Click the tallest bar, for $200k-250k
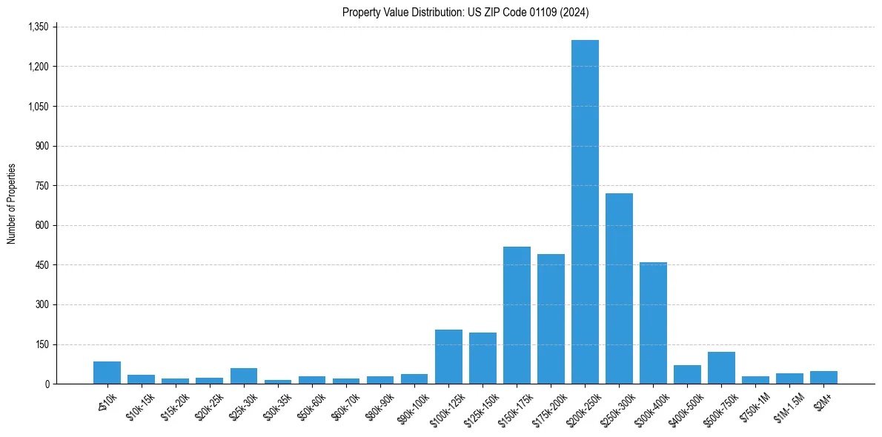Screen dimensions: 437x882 pos(585,212)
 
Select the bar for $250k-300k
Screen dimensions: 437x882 pos(619,288)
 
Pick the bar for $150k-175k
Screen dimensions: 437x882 pos(517,315)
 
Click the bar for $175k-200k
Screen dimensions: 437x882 pos(551,318)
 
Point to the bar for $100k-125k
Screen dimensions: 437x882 pos(448,357)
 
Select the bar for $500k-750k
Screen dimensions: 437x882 pos(721,368)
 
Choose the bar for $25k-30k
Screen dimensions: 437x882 pos(244,376)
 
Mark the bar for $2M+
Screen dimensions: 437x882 pos(823,378)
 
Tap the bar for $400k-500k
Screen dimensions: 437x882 pos(687,375)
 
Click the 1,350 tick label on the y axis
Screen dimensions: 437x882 pos(38,27)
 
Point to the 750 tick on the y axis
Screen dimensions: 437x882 pos(42,186)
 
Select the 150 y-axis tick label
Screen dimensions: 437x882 pos(42,344)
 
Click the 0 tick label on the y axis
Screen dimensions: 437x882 pos(47,384)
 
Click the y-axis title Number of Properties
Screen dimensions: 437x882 pos(11,204)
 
